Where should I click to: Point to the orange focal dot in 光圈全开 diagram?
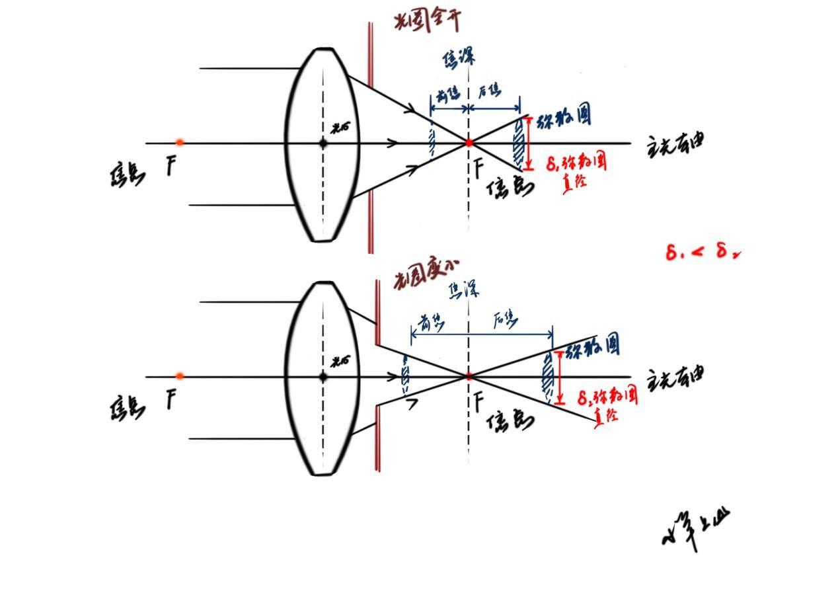pos(180,142)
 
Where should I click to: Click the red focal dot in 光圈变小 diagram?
pos(469,377)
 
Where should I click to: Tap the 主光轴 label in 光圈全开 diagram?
pos(674,144)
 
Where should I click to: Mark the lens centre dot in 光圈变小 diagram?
pos(323,377)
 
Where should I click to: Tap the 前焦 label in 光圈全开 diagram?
pos(447,95)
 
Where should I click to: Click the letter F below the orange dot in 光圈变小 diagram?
pos(171,399)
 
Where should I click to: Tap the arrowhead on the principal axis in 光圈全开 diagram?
pos(395,143)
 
